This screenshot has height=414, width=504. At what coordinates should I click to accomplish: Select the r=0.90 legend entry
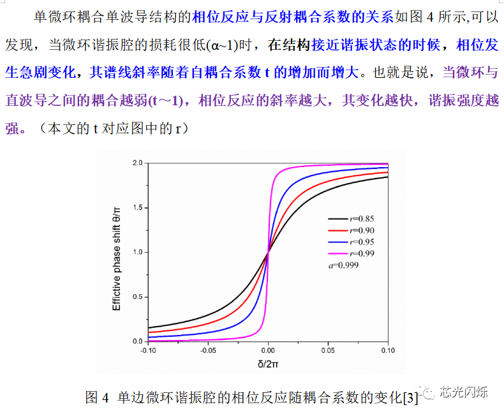360,230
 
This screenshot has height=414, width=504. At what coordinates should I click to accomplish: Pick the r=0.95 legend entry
360,242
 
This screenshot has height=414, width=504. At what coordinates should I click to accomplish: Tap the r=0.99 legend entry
360,253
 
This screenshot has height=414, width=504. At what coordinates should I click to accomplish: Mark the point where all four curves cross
268,252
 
